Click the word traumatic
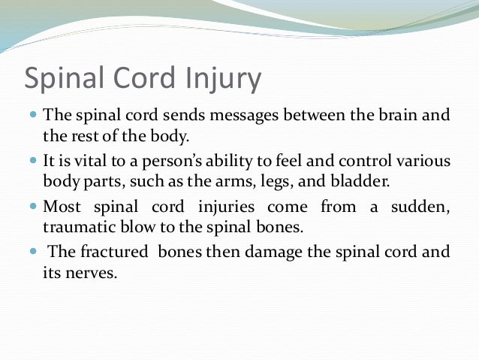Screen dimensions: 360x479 point(78,225)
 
